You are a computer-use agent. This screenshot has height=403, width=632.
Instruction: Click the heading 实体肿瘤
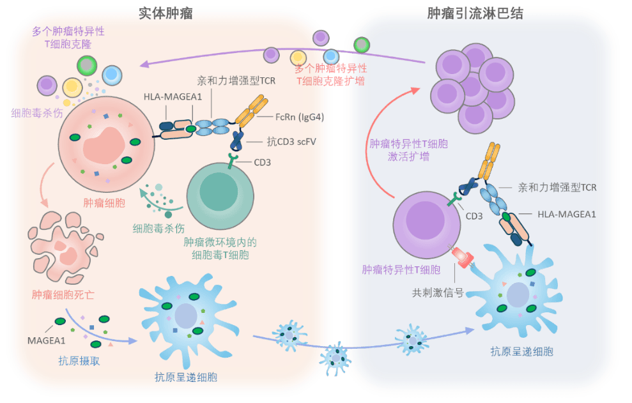(x=166, y=13)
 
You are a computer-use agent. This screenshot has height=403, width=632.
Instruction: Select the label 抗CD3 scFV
(x=291, y=141)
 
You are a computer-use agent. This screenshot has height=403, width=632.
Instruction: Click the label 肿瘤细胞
(x=104, y=203)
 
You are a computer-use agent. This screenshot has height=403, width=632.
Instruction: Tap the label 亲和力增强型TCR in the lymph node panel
(x=557, y=188)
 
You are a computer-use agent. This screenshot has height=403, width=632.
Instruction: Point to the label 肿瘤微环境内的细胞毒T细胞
(x=220, y=248)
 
